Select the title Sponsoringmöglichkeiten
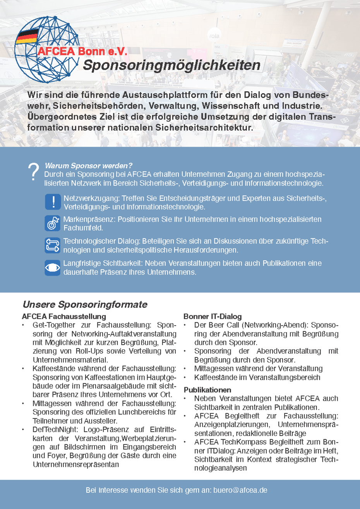[x=171, y=65]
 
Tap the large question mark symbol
[x=34, y=172]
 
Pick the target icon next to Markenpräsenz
[x=52, y=223]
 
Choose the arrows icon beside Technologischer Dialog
[x=52, y=245]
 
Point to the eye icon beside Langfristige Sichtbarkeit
[x=52, y=268]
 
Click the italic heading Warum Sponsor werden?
[x=89, y=166]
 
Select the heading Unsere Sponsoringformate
[x=85, y=304]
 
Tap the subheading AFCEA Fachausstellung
[x=64, y=317]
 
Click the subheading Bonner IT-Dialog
[x=213, y=317]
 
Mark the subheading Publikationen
[x=207, y=389]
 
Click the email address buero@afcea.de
[x=240, y=490]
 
